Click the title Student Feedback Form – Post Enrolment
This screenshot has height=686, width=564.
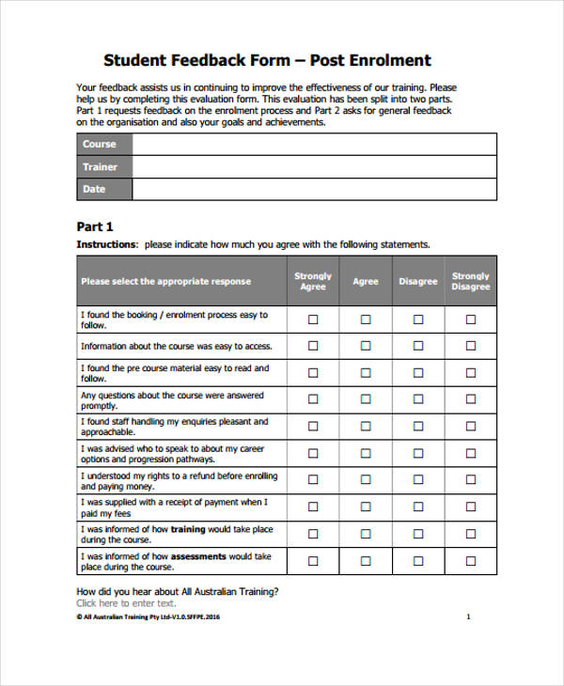(267, 60)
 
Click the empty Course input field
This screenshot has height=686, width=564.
(314, 144)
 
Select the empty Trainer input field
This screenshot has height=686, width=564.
(314, 166)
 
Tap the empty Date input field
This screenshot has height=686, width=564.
(314, 189)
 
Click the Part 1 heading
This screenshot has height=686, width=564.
(95, 226)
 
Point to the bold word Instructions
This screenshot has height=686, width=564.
(106, 244)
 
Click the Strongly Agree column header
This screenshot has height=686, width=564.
(313, 281)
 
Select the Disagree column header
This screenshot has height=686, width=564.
(418, 281)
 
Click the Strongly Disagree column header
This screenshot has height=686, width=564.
(471, 281)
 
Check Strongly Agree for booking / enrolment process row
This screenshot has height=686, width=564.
(313, 320)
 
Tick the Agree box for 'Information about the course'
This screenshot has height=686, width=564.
(366, 346)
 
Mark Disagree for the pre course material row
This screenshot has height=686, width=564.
(418, 373)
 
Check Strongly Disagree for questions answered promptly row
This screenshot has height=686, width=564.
(471, 400)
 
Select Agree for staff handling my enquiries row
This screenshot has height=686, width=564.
(366, 427)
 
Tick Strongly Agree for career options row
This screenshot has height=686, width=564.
(313, 454)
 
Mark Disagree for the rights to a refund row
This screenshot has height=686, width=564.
(418, 481)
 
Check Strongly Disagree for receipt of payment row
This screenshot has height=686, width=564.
(471, 507)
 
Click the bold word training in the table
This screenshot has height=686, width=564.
(188, 529)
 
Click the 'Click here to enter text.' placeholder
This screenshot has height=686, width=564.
(126, 603)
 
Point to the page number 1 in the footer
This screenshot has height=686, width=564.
(468, 617)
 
